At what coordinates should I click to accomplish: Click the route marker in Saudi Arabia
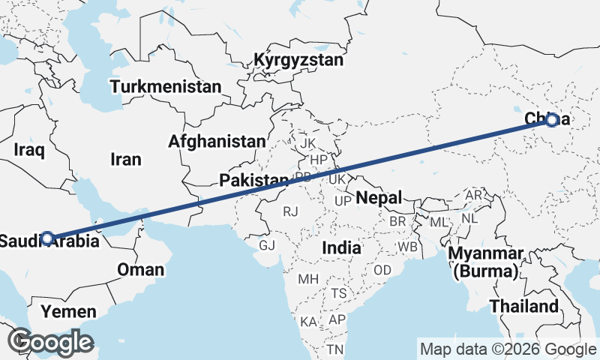click(x=47, y=238)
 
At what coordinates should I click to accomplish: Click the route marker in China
click(x=552, y=119)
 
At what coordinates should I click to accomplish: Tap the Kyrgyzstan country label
click(x=298, y=60)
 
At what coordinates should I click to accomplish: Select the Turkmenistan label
click(x=166, y=87)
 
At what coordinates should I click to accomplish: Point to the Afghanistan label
click(x=217, y=141)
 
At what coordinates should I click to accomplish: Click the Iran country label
click(x=125, y=159)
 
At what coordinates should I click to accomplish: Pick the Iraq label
click(x=30, y=150)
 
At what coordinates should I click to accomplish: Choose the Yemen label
click(x=68, y=311)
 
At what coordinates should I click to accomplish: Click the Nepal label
click(x=379, y=198)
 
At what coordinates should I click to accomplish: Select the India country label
click(x=341, y=247)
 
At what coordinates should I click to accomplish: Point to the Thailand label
click(x=524, y=306)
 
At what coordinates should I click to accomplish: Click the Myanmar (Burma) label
click(x=485, y=262)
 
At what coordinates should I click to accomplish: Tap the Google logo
click(x=51, y=342)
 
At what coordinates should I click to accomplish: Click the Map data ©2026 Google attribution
click(x=508, y=349)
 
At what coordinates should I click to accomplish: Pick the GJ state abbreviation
click(x=267, y=245)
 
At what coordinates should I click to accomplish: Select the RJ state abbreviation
click(x=290, y=212)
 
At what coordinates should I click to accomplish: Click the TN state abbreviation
click(x=334, y=349)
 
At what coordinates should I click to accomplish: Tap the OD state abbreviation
click(x=382, y=270)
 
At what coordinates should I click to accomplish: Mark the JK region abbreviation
click(x=307, y=142)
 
